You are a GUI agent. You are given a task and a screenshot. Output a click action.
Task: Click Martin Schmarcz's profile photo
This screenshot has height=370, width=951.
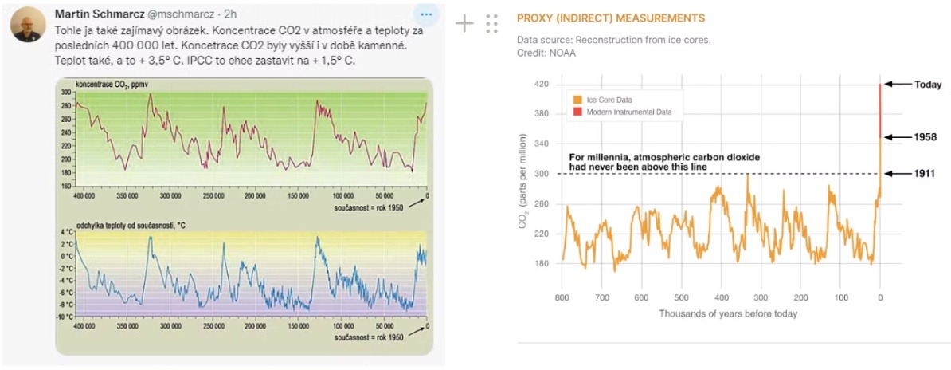[x=27, y=26]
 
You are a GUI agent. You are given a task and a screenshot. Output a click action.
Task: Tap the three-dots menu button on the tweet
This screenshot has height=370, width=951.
[x=428, y=15]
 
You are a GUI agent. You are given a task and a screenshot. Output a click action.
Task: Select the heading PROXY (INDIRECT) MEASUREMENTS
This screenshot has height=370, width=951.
[x=611, y=18]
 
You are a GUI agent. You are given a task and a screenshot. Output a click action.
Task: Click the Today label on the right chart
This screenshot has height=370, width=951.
[x=928, y=85]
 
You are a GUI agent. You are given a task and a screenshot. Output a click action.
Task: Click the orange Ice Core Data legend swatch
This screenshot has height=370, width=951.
[x=578, y=98]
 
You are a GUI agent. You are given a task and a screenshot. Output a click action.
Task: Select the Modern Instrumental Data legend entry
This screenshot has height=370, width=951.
[x=634, y=112]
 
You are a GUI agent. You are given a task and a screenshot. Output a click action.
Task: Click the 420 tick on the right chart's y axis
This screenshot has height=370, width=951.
[x=542, y=84]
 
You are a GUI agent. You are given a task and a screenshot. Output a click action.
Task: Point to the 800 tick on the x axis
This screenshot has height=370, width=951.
[x=562, y=297]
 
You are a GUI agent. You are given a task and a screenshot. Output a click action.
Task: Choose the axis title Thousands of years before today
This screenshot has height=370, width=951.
[x=727, y=313]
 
